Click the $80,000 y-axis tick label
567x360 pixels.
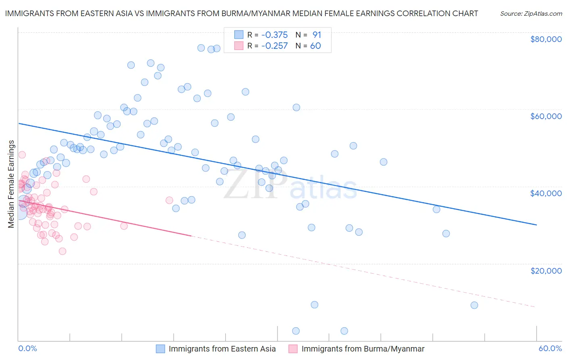tap(546, 39)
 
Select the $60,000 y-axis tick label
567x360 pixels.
tap(546, 116)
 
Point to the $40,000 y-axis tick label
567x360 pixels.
tap(546, 193)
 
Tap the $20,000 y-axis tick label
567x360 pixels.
tap(546, 270)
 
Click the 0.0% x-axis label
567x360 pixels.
tap(28, 348)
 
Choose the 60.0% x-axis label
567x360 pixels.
tap(550, 348)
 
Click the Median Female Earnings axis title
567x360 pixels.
tap(11, 184)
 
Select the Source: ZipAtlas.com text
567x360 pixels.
tap(531, 13)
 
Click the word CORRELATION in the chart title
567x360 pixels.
tap(417, 13)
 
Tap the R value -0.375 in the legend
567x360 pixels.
tap(274, 35)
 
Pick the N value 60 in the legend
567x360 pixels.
tap(315, 46)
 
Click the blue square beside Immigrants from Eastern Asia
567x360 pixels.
tap(161, 349)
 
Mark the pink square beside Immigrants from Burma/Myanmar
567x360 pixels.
tap(293, 349)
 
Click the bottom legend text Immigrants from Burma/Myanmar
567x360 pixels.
tap(363, 349)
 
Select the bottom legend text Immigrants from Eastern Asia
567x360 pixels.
tap(222, 349)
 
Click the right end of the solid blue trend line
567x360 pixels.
tap(536, 225)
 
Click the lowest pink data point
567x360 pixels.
tap(63, 251)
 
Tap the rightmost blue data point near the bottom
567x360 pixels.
tap(474, 305)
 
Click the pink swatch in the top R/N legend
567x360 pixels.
tap(239, 46)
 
